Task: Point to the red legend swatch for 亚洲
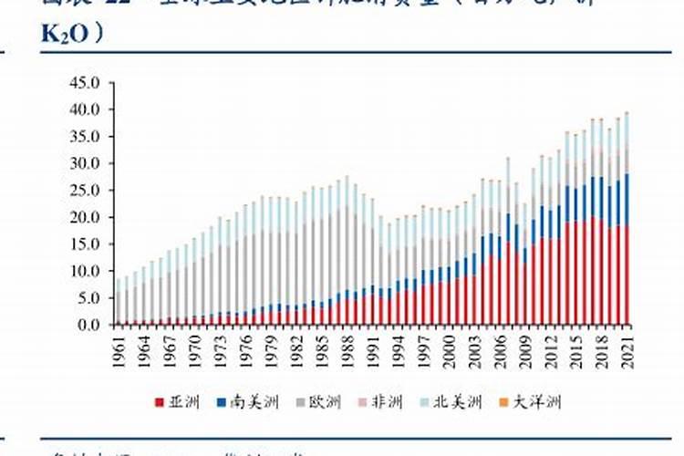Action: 158,402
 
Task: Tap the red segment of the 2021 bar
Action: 627,274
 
